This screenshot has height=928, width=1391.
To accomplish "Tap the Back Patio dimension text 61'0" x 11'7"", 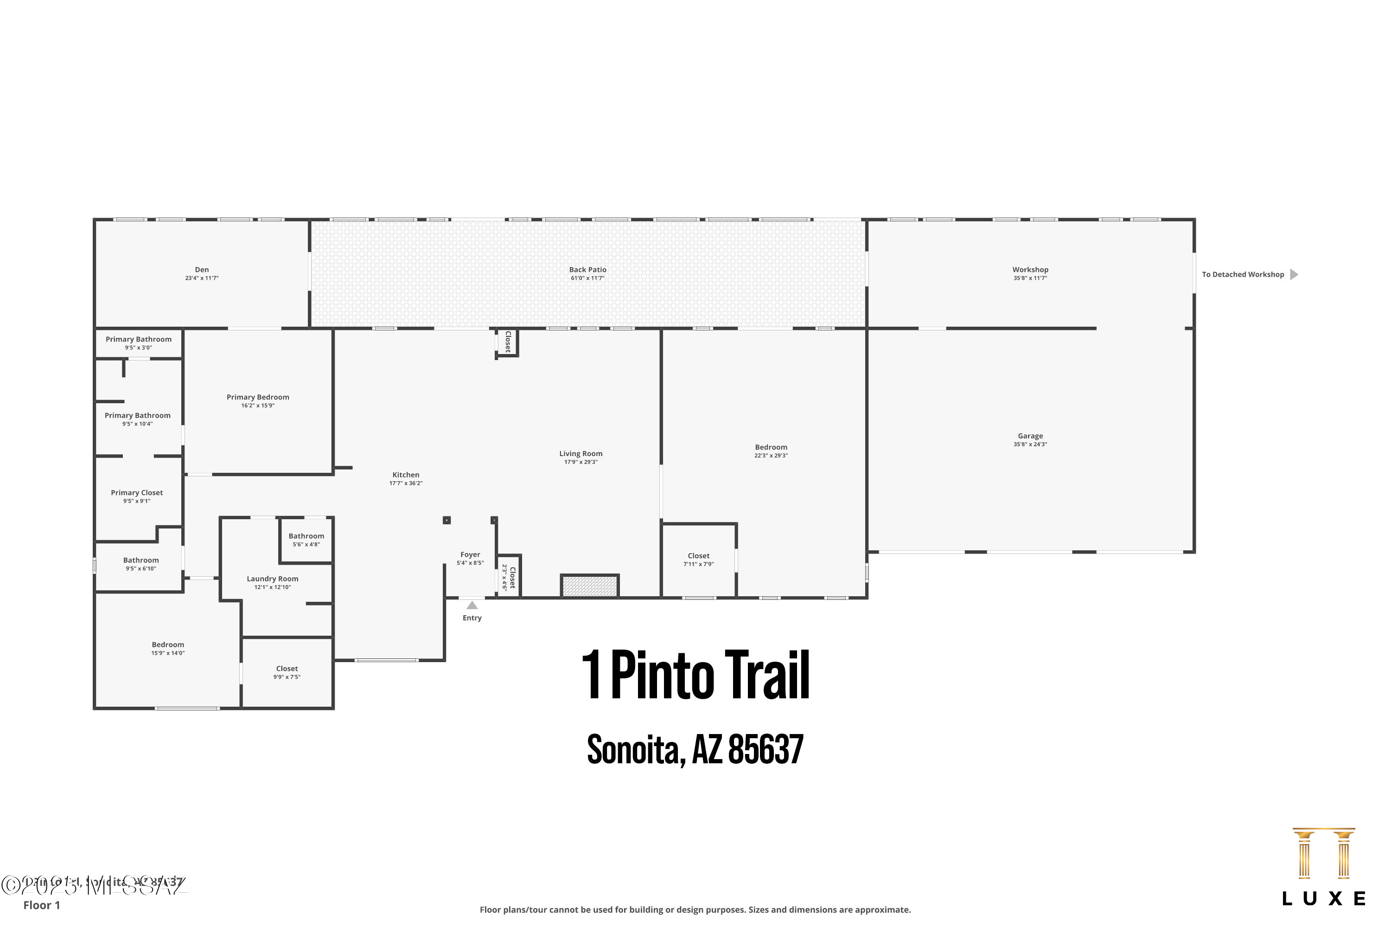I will point(587,278).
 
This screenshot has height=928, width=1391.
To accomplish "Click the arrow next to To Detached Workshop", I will point(1294,275).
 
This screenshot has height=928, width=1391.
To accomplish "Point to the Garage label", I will point(1030,436).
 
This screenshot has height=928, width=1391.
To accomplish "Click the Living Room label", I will point(581,454).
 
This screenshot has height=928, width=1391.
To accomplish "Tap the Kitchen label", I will point(406,475).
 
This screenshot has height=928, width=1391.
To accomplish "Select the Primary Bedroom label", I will point(258,397).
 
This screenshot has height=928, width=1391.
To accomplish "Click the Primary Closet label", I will point(137,492).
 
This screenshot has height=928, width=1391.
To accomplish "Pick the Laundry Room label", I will point(272,579).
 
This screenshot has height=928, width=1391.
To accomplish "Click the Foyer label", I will point(470,554).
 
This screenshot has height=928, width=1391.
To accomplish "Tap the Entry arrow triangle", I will point(472,606).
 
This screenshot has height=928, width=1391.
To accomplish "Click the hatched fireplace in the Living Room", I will point(590,586).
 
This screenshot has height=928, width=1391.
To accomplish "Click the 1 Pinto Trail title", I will point(695,675).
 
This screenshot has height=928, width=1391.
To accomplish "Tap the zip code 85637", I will point(766,750).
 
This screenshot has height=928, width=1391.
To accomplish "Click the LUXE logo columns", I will point(1324,855).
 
